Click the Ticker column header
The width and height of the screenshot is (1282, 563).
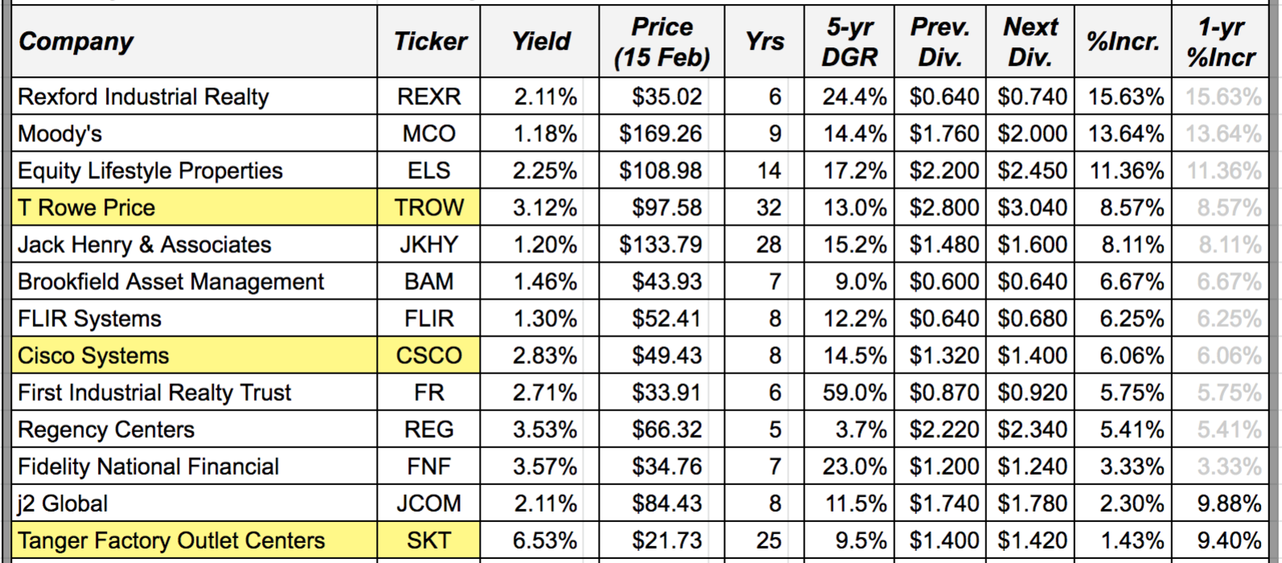[429, 42]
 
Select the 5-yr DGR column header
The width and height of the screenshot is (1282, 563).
[850, 42]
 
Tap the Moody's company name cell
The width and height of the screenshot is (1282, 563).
[59, 133]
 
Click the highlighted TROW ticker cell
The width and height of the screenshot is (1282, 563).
[429, 207]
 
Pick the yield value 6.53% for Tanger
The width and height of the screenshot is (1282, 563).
[544, 541]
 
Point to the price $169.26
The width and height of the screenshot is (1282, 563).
[660, 133]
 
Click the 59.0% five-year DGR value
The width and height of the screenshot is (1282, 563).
[854, 393]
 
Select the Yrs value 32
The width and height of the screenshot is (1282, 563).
[768, 207]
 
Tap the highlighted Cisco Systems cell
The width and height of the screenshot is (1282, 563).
[93, 356]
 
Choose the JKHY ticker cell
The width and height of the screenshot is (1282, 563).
[429, 244]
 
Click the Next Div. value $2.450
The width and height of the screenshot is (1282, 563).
[1032, 170]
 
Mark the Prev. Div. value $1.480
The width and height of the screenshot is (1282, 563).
[944, 244]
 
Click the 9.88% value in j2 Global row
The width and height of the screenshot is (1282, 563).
[1228, 504]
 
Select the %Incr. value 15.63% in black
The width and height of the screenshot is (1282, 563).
[1125, 96]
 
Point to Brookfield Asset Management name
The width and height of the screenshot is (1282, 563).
[170, 282]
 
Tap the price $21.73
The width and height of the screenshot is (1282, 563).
[666, 541]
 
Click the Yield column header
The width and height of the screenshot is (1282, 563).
[541, 42]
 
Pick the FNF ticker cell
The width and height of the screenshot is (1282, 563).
[429, 467]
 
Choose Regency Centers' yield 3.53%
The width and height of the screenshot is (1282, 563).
[544, 430]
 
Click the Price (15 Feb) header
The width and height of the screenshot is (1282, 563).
[661, 42]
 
